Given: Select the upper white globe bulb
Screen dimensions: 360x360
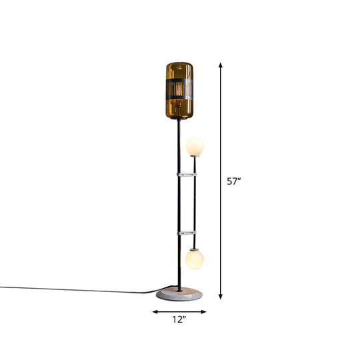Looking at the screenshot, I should [x=195, y=145].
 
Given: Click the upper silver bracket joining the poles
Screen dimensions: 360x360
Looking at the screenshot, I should [x=187, y=174].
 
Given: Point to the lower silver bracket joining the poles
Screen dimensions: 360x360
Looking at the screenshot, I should [x=187, y=233].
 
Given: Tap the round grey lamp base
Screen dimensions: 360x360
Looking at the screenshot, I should [x=179, y=293].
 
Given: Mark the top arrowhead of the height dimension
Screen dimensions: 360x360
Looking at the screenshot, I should [x=221, y=65].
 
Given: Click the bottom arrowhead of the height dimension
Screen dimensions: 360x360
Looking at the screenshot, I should [x=221, y=297].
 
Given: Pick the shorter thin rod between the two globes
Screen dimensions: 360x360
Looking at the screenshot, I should [x=195, y=203].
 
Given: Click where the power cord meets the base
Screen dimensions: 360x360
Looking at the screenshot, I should [x=159, y=292].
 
